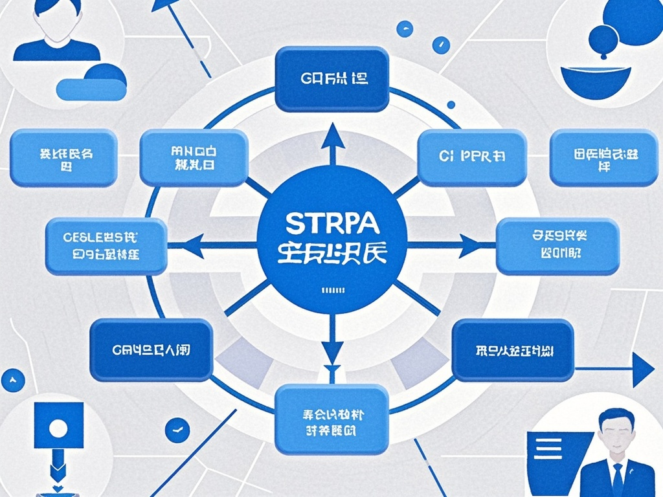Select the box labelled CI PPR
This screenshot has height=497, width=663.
coord(471,157)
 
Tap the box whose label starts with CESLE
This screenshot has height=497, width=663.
coord(106,246)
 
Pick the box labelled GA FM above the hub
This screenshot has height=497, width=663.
coord(331,80)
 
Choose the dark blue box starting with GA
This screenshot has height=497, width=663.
coord(152,350)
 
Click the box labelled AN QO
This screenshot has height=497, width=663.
coord(194,157)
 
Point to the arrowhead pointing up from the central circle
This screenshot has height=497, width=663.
coord(332,138)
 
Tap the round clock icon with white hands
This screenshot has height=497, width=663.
coord(177,429)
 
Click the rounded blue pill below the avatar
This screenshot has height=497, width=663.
coord(91,89)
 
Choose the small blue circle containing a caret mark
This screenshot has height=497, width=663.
coord(13,380)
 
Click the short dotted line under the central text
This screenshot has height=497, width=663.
coord(331,289)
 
